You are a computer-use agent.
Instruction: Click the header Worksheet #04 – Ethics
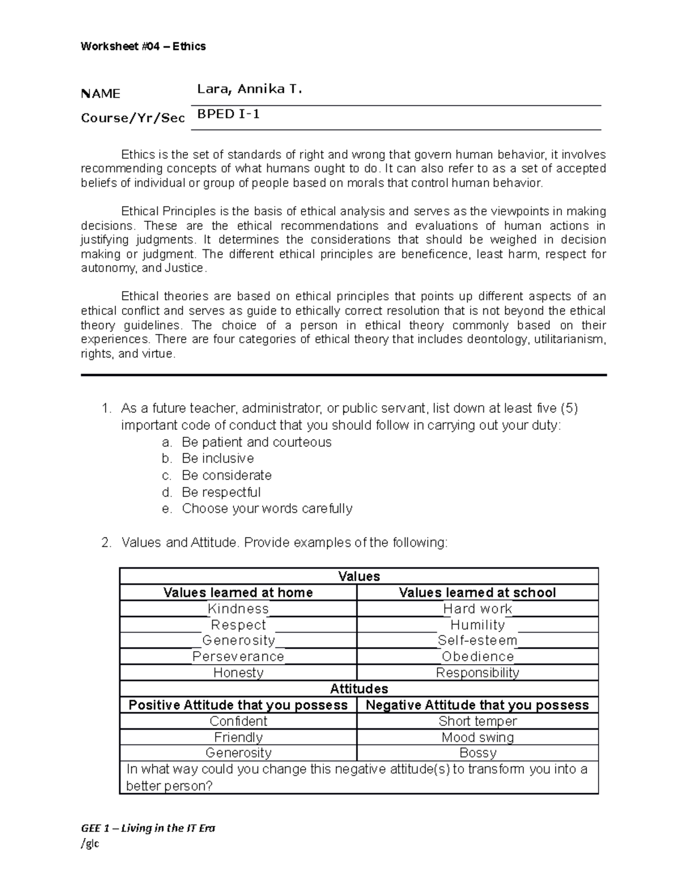point(143,46)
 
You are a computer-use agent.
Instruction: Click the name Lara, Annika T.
point(249,89)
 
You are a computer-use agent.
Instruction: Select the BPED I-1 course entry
point(229,114)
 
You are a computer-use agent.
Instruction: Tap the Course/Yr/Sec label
point(132,118)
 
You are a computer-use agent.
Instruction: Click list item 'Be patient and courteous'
point(256,442)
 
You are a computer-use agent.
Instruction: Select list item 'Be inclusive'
point(217,458)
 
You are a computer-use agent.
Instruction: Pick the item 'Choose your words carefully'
point(267,508)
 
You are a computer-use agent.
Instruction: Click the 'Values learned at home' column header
point(238,593)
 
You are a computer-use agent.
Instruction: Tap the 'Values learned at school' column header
point(477,593)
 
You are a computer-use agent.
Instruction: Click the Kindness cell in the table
point(238,609)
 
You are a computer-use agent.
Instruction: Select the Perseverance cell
point(238,656)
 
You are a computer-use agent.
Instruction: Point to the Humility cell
point(477,625)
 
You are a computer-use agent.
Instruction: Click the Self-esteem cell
point(477,640)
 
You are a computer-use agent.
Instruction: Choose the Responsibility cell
point(477,672)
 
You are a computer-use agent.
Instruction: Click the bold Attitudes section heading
point(359,688)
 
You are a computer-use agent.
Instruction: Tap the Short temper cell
point(477,721)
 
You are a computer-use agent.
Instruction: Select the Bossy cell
point(477,752)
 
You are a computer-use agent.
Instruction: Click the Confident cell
point(238,721)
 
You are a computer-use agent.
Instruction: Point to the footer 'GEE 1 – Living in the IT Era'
point(148,828)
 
